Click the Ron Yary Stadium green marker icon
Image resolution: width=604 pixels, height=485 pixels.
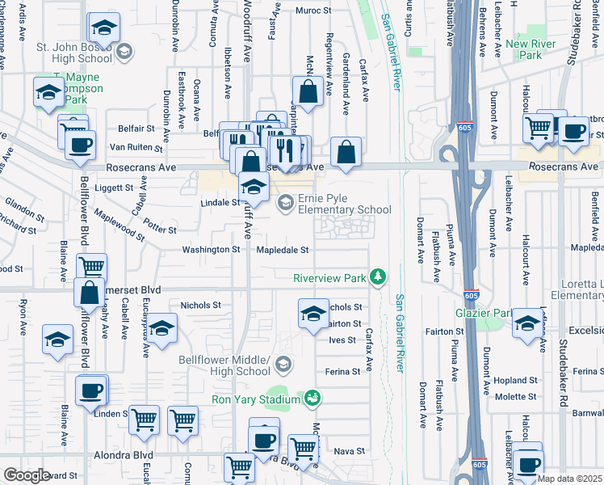pyautogui.click(x=312, y=398)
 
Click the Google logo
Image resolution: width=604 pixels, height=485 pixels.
pyautogui.click(x=26, y=474)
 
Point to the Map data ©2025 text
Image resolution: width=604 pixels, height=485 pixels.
pyautogui.click(x=570, y=479)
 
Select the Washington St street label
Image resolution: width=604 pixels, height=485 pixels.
pyautogui.click(x=212, y=251)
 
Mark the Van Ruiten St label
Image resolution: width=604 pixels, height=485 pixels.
pyautogui.click(x=136, y=149)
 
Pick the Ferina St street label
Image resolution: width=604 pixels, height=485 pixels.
pyautogui.click(x=344, y=372)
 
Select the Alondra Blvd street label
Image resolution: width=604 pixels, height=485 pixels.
pyautogui.click(x=122, y=455)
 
